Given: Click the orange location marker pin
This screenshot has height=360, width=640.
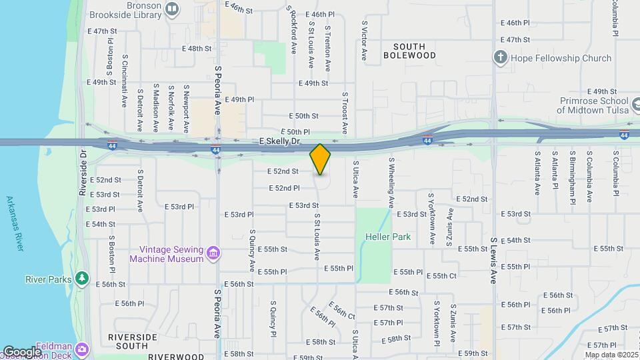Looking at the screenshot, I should point(320,159).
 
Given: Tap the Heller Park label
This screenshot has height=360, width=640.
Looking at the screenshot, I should point(387,237).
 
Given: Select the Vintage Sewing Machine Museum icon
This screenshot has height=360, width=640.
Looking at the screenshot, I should point(213,253).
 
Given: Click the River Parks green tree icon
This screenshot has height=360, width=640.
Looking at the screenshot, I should point(82,277).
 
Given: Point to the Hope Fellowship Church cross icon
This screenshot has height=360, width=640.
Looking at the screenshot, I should point(501,57).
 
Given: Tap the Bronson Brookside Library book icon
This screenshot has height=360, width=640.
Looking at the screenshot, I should point(172,9).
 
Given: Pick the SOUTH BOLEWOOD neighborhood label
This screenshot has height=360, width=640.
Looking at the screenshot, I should point(409,51).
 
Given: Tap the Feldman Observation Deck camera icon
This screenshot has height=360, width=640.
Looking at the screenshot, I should point(82,349).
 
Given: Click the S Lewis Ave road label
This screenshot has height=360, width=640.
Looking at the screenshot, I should point(494,260).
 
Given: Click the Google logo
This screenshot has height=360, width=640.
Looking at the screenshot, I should point(21,351).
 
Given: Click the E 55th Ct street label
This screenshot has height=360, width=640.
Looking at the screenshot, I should point(441,275).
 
